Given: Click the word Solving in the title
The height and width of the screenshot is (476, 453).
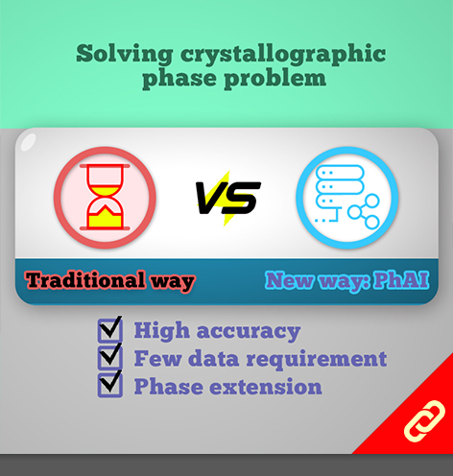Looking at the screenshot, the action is tap(125, 54).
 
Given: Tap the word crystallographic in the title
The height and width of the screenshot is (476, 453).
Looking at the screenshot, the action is tap(283, 55).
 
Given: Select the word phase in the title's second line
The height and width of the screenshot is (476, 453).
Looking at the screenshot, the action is tap(179, 79).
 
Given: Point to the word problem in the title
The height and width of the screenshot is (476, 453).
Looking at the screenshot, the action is tap(274, 79).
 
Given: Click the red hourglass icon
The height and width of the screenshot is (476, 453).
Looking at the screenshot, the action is tap(105, 197).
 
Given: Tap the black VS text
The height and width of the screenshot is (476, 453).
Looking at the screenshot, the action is tap(228, 198).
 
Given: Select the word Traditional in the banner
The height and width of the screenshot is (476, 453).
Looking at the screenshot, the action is tap(85, 280).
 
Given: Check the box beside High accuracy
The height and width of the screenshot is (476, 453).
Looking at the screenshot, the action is tap(110, 329).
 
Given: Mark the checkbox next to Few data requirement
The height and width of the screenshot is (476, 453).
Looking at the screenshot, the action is tap(110, 357).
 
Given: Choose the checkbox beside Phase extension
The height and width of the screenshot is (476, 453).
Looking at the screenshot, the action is tap(110, 385).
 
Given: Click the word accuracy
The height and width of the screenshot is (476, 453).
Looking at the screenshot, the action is tap(249, 332).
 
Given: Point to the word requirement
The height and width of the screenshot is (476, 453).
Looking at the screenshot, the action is tap(317, 359).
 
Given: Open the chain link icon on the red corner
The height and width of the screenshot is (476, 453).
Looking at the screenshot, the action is tap(424, 421).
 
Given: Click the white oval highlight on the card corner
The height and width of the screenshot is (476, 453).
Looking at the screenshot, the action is tap(28, 142).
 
